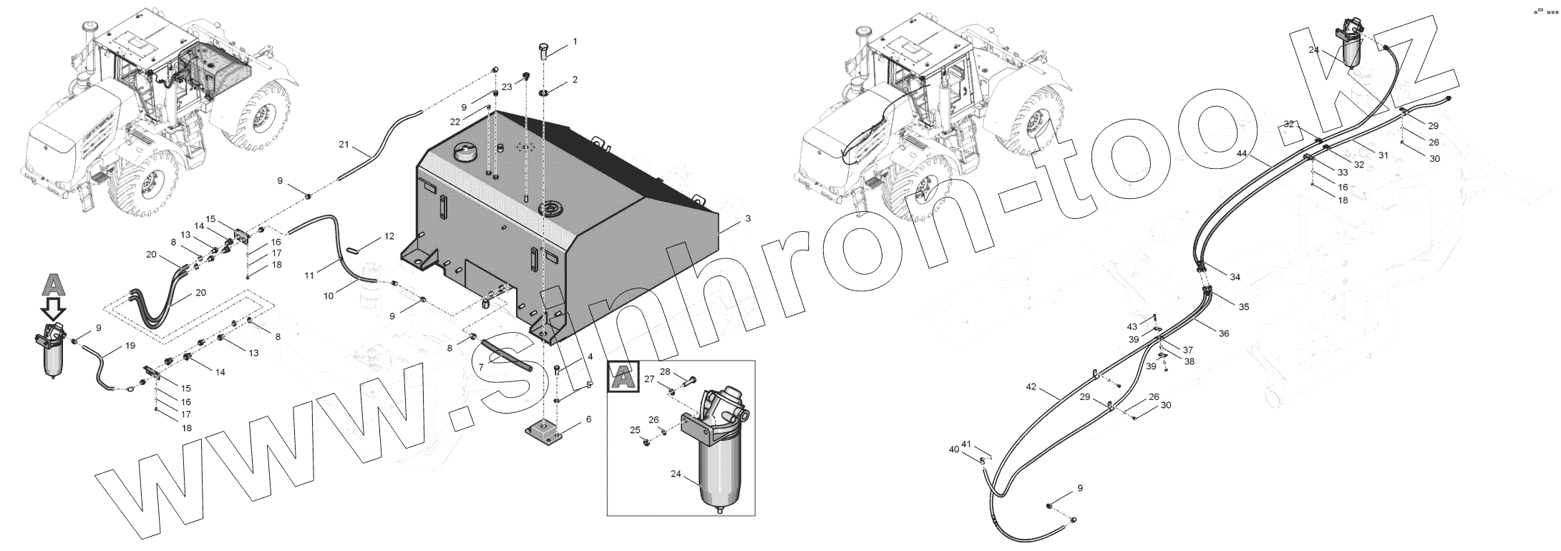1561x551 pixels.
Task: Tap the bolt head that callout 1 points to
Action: point(543,51)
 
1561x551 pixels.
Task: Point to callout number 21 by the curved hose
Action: point(344,145)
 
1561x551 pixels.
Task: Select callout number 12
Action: point(389,236)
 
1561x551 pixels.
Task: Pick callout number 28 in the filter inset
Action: point(665,371)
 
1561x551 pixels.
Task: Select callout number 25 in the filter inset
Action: point(635,430)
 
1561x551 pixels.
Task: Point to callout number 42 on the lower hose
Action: point(1031,387)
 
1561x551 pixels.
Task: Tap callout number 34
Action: point(1235,278)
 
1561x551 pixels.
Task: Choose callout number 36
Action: point(1224,333)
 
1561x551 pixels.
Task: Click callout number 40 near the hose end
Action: point(953,449)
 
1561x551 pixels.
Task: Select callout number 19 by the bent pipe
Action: point(130,346)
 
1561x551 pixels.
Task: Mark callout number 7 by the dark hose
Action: point(481,367)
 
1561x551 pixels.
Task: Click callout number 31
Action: point(1383,155)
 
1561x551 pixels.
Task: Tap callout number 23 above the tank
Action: point(507,87)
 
